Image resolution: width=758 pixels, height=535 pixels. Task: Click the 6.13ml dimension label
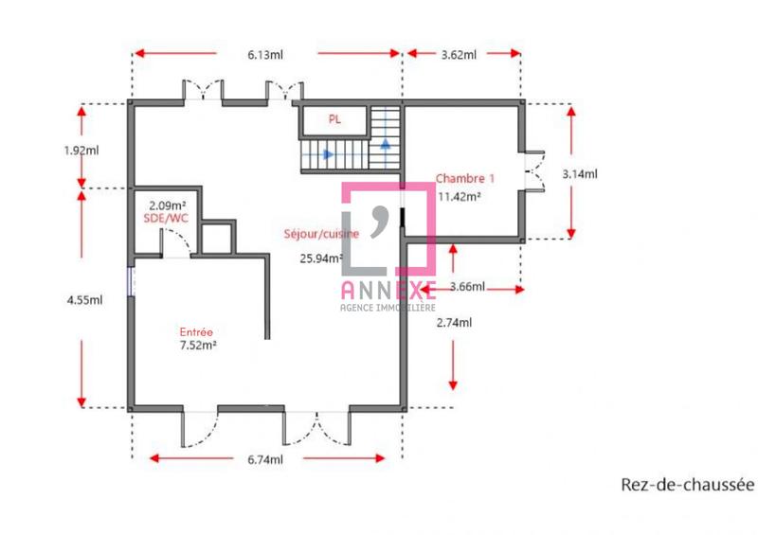(265, 55)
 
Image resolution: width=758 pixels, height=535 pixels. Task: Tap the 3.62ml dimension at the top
(459, 55)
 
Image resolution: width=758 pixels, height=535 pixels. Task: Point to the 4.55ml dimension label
(83, 300)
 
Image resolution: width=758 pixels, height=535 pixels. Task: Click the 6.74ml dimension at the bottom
(265, 460)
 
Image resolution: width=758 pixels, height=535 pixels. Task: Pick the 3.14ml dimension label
(579, 173)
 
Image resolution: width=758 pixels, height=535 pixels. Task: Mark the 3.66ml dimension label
(467, 287)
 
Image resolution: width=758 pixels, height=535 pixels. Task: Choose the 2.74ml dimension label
(454, 323)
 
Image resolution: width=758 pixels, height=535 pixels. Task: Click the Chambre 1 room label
(464, 178)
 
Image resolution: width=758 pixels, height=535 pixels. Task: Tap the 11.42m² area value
(460, 197)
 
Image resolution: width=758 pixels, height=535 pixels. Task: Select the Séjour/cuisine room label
(316, 234)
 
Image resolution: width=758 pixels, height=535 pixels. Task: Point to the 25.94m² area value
(321, 257)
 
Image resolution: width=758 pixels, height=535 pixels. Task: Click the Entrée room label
(196, 331)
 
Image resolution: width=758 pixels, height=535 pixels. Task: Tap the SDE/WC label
(166, 219)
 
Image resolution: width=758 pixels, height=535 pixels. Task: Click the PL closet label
(334, 119)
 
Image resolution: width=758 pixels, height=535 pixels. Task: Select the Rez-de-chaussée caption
(687, 485)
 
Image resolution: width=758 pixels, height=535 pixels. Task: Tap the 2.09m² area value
(167, 205)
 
